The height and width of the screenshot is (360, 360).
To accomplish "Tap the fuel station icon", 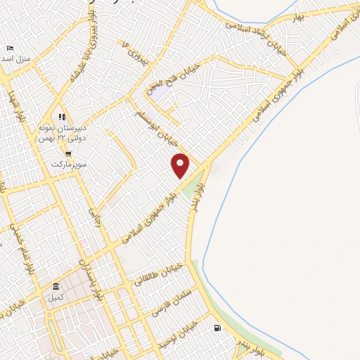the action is click(217, 328).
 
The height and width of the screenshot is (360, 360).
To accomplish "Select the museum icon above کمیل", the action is click(56, 286).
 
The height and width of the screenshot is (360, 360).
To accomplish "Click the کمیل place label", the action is click(54, 298).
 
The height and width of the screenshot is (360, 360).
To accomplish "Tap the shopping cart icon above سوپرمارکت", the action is click(67, 154).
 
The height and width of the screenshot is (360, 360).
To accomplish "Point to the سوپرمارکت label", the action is click(67, 165).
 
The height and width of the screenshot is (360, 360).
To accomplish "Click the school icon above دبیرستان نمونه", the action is click(62, 117).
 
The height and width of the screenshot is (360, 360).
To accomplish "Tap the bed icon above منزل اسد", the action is click(9, 48).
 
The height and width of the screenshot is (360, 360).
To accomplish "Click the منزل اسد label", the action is click(15, 58).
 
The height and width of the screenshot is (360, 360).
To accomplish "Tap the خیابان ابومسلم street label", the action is click(165, 120).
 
